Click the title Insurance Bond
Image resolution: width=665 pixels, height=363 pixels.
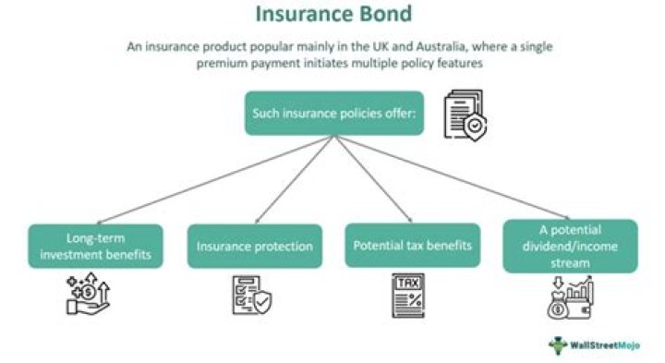333,16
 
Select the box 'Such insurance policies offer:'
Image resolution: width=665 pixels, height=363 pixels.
334,113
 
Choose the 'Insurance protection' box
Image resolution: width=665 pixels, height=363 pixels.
254,247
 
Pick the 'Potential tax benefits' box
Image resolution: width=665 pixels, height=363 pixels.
412,246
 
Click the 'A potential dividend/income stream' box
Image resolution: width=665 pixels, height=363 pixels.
570,246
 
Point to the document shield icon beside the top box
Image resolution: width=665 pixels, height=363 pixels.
464,115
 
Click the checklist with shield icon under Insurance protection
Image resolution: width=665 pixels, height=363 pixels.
251,296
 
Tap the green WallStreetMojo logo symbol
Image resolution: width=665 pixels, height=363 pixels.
559,345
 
